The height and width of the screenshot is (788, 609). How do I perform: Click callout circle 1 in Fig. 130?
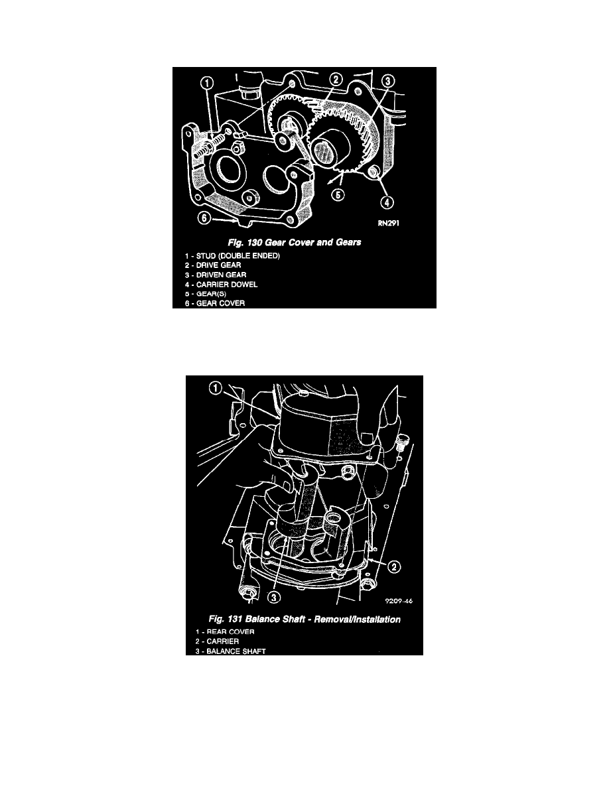(208, 83)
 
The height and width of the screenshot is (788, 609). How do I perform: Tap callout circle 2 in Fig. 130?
(336, 79)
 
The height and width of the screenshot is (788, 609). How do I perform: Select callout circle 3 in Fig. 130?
(388, 81)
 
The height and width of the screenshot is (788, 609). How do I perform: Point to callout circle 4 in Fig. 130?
(386, 202)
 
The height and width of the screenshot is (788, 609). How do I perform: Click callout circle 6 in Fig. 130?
(204, 218)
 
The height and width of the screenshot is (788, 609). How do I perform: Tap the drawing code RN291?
(388, 223)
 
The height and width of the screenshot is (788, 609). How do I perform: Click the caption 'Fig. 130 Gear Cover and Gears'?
(295, 242)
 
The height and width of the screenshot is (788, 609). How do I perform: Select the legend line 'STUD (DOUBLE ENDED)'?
(232, 256)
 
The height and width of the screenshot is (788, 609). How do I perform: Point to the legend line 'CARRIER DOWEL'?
(221, 285)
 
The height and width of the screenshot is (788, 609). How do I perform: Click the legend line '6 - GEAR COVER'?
(214, 304)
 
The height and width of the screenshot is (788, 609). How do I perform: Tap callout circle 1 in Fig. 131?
(215, 388)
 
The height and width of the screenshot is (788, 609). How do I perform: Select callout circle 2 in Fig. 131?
(395, 567)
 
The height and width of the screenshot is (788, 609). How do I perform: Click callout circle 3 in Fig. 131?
(274, 596)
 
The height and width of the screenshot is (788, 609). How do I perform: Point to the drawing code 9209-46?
(399, 601)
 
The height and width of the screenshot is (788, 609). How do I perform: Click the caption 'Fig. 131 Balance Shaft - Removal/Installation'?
(304, 619)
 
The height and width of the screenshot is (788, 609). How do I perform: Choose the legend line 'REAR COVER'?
(225, 631)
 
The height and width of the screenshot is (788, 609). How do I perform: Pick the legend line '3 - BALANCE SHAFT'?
(231, 651)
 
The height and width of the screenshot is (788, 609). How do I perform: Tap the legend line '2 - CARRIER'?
(218, 641)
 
